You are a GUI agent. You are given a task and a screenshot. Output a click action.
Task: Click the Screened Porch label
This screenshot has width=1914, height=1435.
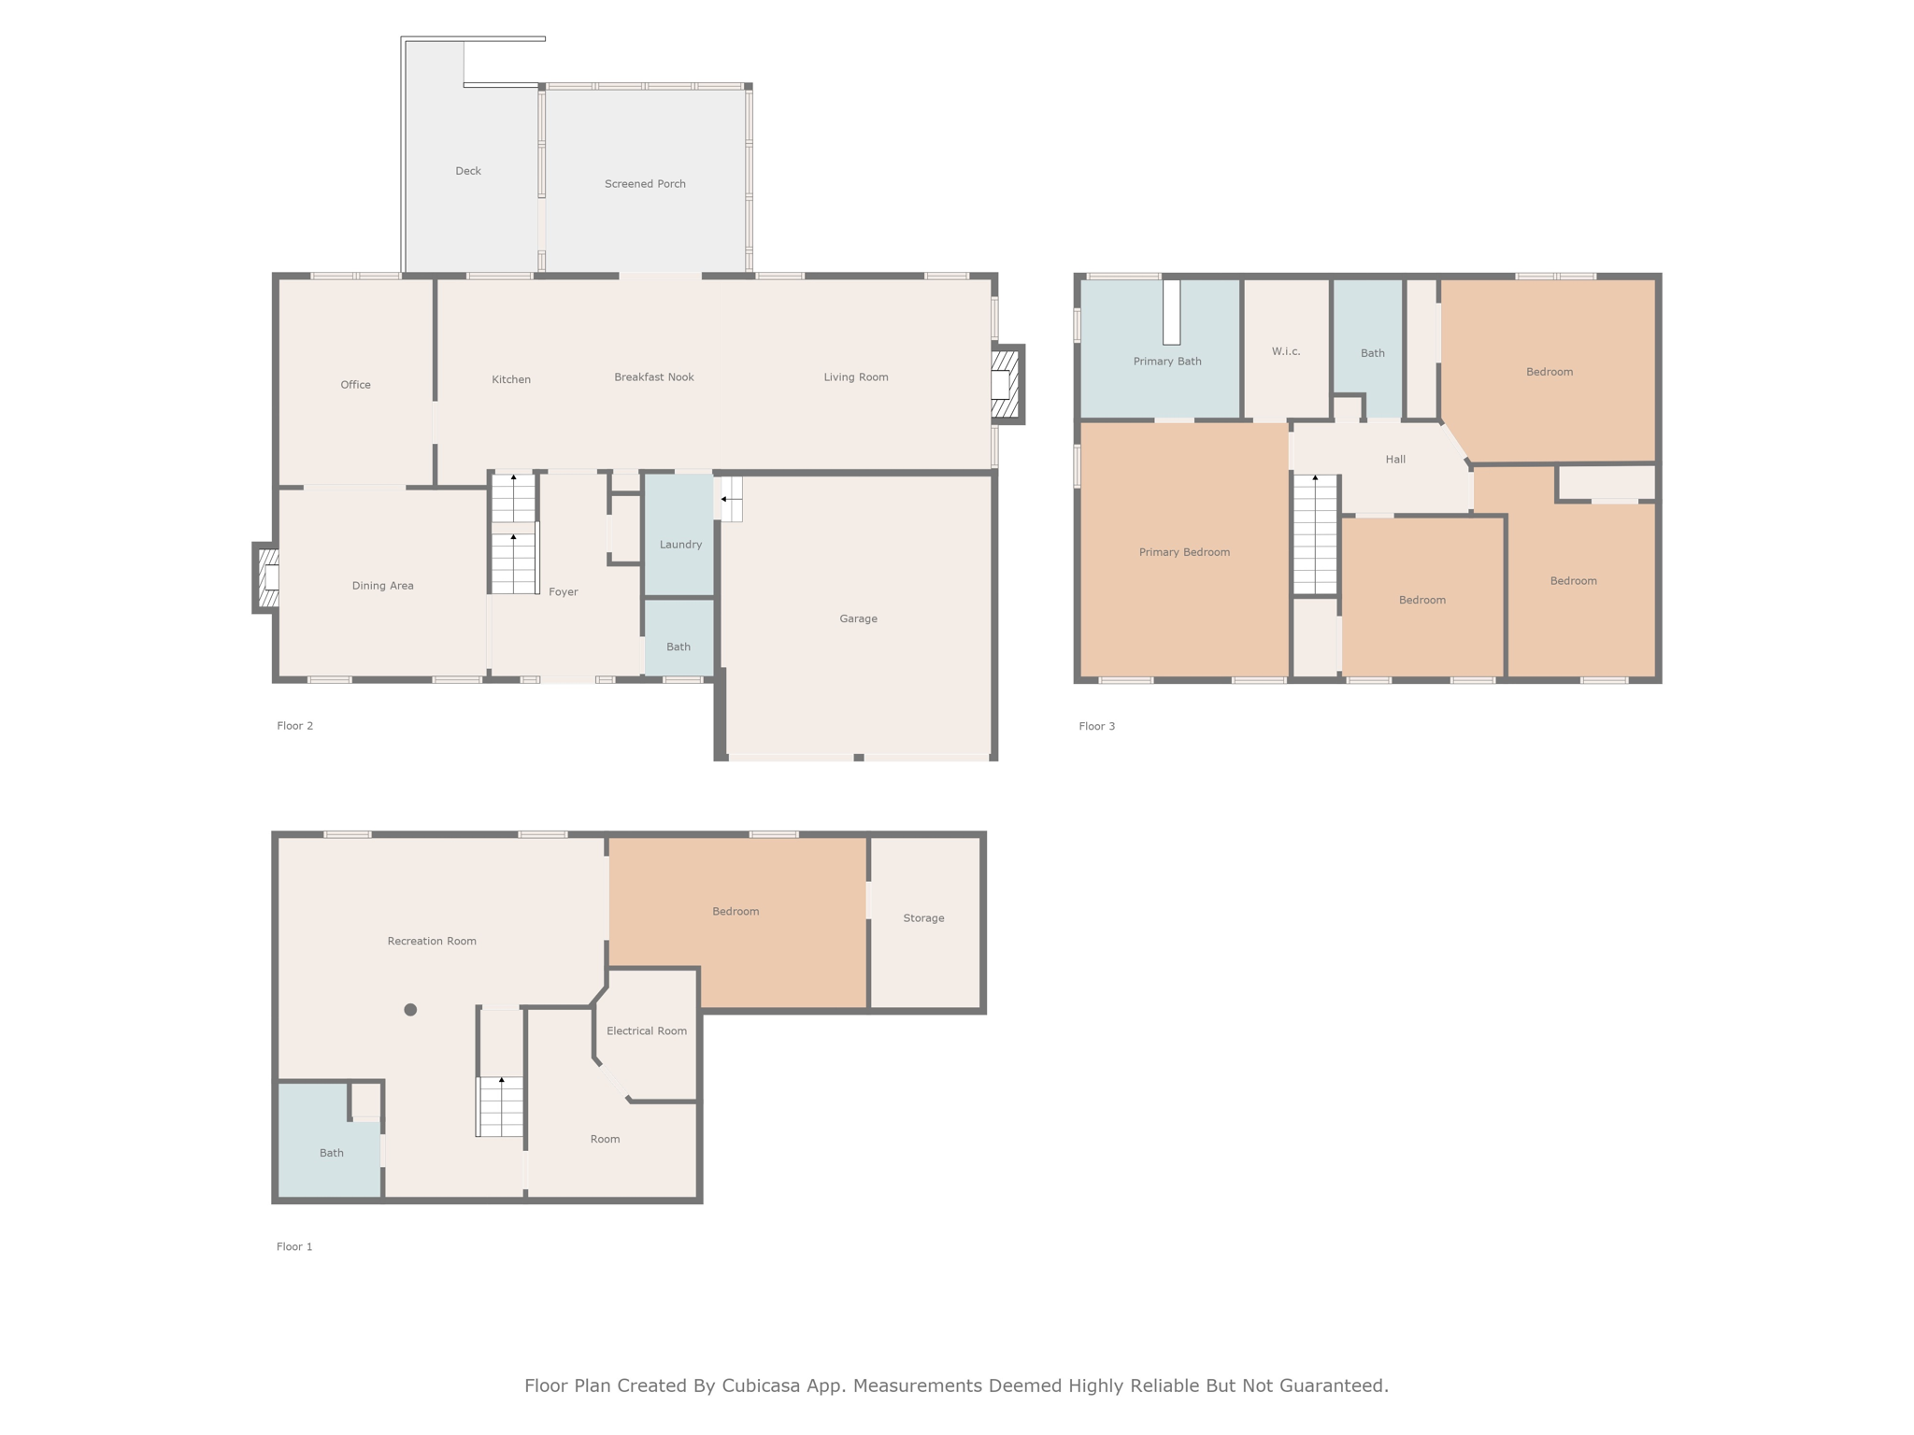coord(645,184)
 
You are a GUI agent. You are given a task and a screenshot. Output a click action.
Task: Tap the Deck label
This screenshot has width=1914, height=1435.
coord(468,171)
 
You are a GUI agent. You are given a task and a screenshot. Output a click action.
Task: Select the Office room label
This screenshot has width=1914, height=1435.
coord(355,385)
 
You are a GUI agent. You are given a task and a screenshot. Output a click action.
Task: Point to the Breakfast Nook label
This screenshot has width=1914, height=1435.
coord(654,377)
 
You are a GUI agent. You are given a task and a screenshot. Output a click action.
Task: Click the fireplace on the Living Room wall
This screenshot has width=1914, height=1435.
coord(1007,384)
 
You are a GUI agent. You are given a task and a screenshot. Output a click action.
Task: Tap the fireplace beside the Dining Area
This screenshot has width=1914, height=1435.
coord(266,577)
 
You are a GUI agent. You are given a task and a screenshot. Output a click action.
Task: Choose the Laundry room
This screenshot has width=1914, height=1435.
coord(679,534)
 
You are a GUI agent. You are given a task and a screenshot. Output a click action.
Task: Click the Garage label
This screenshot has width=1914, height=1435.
coord(858,618)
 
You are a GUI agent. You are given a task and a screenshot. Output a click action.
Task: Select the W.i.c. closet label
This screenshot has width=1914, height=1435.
coord(1286,351)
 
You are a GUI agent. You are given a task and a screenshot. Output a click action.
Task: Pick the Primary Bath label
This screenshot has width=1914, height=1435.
coord(1167,362)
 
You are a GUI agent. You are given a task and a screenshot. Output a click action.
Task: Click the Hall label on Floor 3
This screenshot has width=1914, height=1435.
coord(1395,460)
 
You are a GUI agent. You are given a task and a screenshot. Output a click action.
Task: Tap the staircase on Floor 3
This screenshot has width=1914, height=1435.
coord(1315,534)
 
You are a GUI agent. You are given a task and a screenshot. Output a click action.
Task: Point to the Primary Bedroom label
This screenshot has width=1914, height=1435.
coord(1184,552)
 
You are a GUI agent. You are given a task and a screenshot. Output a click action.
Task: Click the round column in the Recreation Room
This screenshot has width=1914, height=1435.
coord(410,1010)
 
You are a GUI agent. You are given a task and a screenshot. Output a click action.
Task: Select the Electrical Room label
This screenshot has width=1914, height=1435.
coord(647,1031)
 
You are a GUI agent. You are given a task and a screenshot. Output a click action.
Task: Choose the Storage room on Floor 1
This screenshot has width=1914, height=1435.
coord(925,922)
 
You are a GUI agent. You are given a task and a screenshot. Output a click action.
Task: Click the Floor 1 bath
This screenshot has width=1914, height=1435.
coord(330,1140)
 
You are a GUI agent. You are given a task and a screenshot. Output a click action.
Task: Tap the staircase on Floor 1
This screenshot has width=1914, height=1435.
coord(500,1107)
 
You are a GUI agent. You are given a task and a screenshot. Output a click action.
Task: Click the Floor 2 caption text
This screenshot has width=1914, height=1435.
coord(295,726)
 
